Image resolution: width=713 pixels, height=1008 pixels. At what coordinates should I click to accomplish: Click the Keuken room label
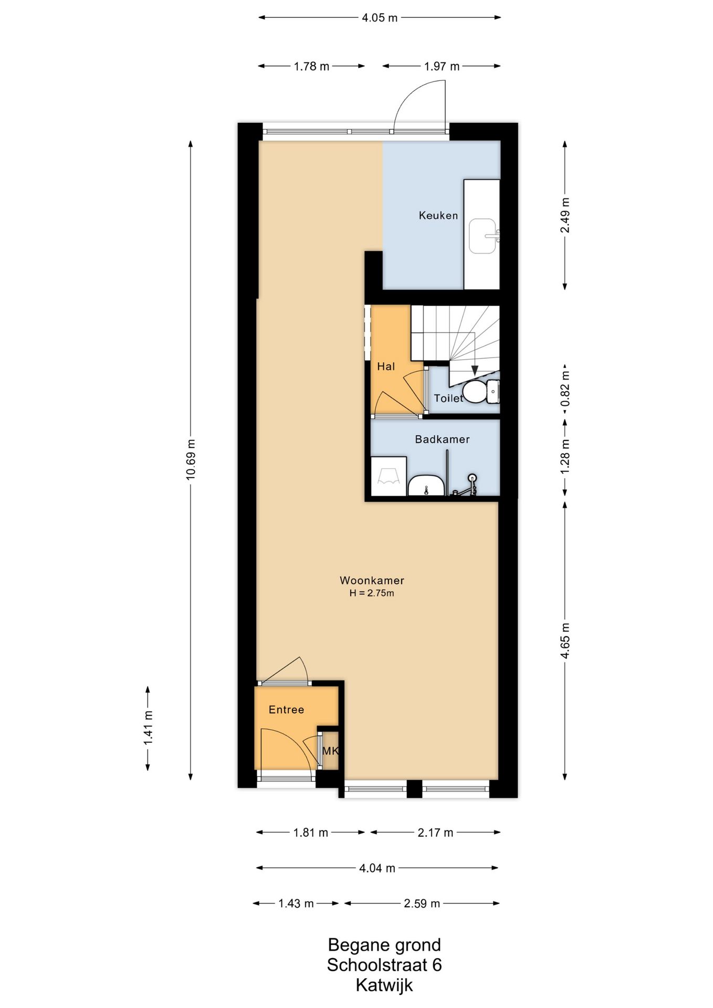tap(438, 215)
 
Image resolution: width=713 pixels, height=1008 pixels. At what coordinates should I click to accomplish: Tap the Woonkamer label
tap(372, 580)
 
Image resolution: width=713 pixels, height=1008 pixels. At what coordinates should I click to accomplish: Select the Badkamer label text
tap(442, 439)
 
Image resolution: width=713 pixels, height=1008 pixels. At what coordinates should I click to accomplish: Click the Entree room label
tap(286, 710)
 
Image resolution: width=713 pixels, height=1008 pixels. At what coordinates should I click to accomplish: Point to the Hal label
tap(386, 366)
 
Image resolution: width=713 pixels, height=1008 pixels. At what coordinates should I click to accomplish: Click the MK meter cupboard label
tap(330, 751)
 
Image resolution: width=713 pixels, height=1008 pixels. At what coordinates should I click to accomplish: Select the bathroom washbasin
tap(426, 486)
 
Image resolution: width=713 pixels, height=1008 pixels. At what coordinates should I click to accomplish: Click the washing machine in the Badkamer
tap(389, 476)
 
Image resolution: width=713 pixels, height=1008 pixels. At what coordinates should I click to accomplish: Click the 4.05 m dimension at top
tap(380, 18)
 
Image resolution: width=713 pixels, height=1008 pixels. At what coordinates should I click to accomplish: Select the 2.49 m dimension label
tap(565, 215)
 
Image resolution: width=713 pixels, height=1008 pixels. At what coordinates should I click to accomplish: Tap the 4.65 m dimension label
tap(565, 640)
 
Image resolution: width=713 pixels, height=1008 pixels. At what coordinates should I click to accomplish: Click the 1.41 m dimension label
tap(148, 728)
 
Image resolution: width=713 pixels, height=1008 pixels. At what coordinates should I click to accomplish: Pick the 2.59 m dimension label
tap(422, 904)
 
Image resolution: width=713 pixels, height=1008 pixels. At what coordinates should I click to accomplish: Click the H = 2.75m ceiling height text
tap(372, 593)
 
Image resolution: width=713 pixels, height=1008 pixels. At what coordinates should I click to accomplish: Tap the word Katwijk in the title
tap(384, 985)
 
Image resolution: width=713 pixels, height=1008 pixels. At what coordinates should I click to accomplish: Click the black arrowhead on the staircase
tap(475, 371)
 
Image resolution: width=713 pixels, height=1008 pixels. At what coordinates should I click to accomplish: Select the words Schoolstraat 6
tap(384, 965)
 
